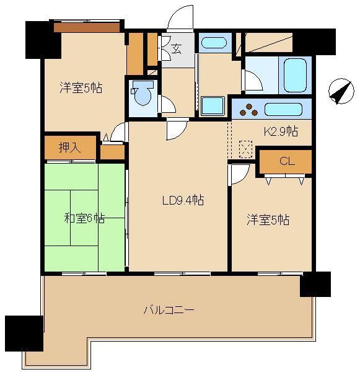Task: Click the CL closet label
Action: pos(286,162)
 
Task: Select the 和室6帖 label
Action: pos(84,218)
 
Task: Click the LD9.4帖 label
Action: pos(183,200)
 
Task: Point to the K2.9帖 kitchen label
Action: pos(281,131)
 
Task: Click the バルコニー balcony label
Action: pos(168,309)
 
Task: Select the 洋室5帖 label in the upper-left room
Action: pos(81,88)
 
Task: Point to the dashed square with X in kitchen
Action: pos(245,149)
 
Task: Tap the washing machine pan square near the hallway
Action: pos(212,105)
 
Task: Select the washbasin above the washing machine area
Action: pos(214,43)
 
